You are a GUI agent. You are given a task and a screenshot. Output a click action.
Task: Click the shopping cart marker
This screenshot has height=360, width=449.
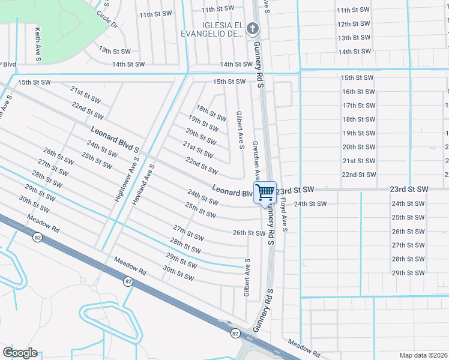(265, 193)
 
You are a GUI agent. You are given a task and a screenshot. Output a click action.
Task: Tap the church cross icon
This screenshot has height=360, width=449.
(253, 28)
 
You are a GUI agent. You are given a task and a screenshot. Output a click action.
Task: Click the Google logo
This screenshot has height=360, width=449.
(20, 353)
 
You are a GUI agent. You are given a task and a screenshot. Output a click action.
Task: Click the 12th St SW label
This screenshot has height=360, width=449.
(352, 24)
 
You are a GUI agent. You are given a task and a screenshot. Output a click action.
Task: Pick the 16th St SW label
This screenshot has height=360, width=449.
(358, 91)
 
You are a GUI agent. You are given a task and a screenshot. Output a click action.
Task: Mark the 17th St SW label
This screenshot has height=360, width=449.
(358, 105)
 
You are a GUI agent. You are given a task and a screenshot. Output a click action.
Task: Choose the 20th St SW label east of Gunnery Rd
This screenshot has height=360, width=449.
(358, 146)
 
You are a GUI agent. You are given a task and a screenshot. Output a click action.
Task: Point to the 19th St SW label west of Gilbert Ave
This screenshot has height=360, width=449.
(202, 125)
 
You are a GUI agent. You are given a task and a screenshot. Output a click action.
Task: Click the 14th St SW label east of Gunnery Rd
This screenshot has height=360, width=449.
(352, 52)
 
